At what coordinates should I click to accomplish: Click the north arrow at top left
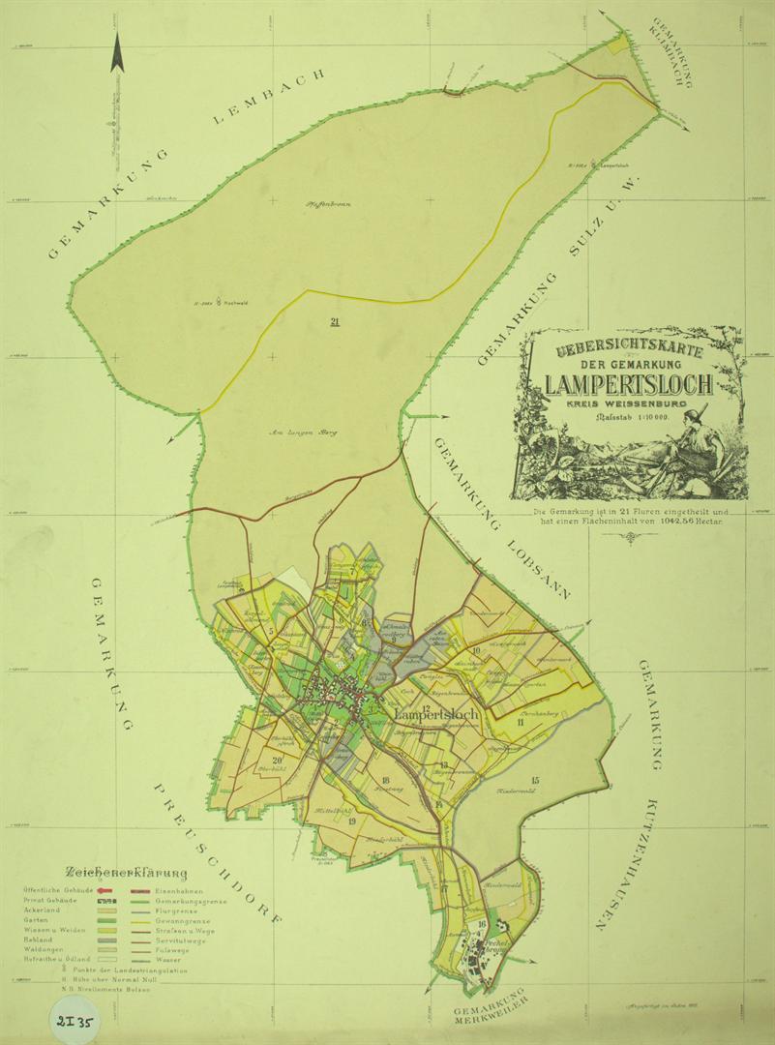117,52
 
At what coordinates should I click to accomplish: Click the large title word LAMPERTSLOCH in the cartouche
629,384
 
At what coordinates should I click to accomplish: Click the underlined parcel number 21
335,321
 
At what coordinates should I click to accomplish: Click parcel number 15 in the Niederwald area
535,779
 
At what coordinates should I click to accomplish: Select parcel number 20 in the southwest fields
277,760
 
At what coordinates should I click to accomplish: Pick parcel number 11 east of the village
521,723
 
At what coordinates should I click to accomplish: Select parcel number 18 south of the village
385,780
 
